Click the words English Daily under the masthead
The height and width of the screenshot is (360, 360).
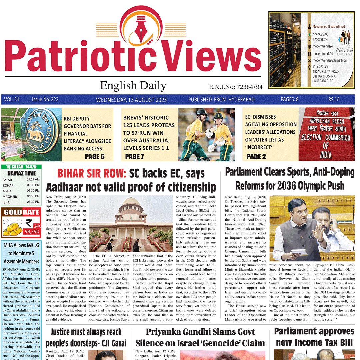tap(133, 86)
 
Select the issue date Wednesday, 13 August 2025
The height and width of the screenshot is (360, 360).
tap(131, 100)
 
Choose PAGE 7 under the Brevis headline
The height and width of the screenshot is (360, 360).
tap(134, 156)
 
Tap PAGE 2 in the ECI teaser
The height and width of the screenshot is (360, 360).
tap(256, 156)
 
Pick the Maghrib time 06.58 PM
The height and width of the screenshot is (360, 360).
tap(33, 196)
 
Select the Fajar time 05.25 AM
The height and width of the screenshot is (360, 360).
tap(33, 180)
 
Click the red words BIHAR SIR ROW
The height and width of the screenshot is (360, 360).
tap(91, 174)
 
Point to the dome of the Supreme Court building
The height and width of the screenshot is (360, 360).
tap(131, 204)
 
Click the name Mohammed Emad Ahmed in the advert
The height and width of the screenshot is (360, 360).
tap(328, 26)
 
